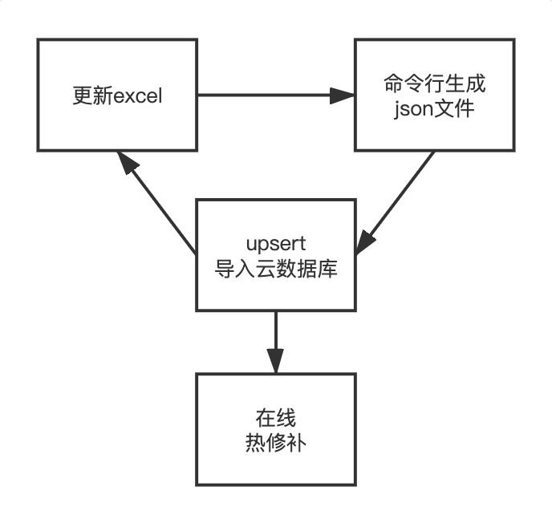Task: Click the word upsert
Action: coord(276,244)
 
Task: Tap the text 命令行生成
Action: coord(434,84)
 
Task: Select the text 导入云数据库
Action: coord(276,268)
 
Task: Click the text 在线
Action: coord(276,418)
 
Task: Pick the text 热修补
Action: coord(276,442)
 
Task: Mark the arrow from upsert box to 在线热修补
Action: coord(276,337)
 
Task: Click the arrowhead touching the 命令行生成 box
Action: coord(343,95)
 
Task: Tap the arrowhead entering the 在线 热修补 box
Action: coord(276,362)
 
